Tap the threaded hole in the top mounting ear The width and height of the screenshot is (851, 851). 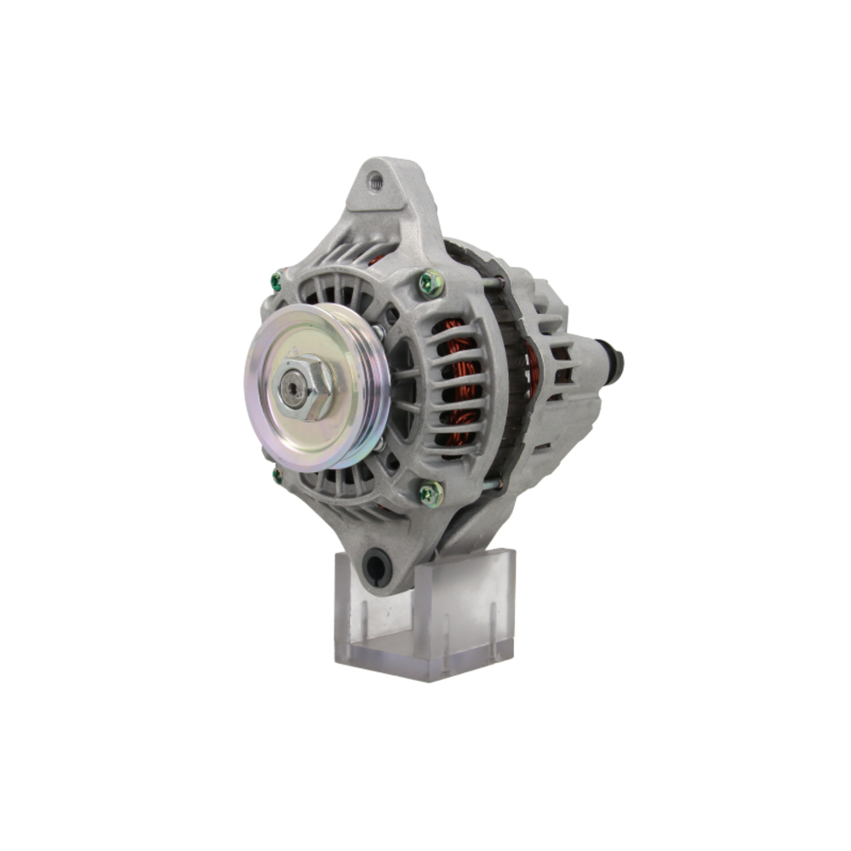(374, 180)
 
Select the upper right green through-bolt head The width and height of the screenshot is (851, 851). (431, 283)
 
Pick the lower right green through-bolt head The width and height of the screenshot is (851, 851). (431, 493)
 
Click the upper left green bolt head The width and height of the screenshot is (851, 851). (276, 280)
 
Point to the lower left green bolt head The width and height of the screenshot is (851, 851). (277, 475)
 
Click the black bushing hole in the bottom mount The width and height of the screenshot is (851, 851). (376, 566)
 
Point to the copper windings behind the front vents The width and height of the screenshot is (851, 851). (460, 383)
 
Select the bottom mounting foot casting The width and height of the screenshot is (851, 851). (400, 545)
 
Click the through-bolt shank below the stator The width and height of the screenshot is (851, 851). (492, 485)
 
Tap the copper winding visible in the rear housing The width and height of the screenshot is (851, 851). (531, 362)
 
